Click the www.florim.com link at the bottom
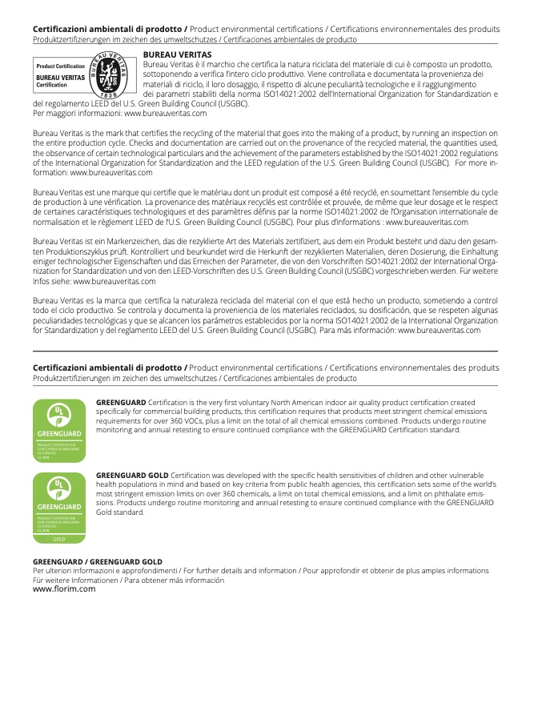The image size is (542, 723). click(63, 588)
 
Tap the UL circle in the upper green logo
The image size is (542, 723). click(58, 414)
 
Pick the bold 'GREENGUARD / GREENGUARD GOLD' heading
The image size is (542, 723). click(97, 562)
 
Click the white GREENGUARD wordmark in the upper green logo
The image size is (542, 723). click(58, 434)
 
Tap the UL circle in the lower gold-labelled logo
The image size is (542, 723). click(58, 487)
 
